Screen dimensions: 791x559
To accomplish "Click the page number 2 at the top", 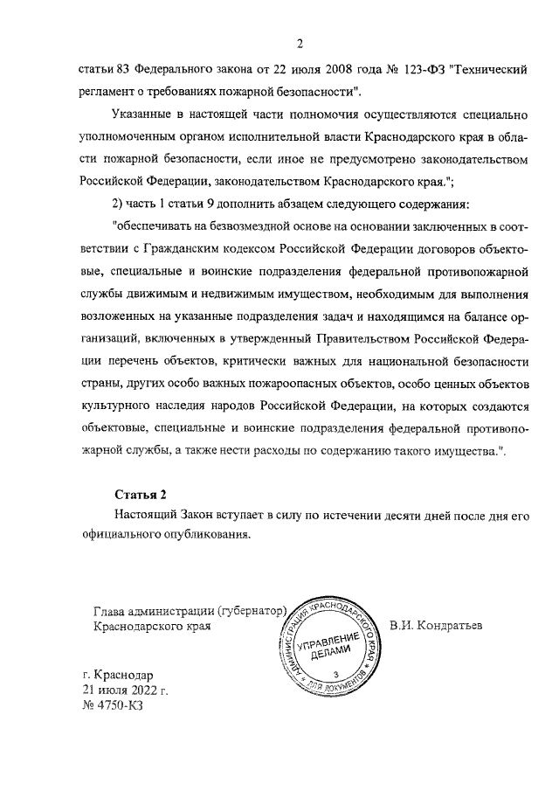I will pyautogui.click(x=299, y=45).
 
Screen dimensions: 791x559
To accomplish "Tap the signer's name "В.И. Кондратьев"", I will pyautogui.click(x=437, y=627).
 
